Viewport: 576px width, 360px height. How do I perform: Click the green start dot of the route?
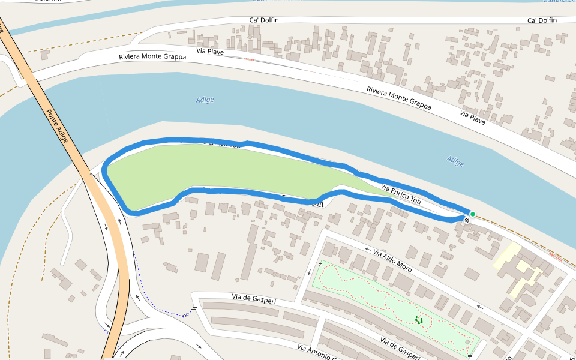tap(472, 214)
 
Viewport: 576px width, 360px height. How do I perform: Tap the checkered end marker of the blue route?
tap(467, 220)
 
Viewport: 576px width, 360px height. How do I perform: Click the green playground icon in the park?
tap(419, 320)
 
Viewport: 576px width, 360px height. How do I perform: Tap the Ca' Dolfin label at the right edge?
tap(542, 20)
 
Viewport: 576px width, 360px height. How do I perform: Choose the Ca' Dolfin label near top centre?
tap(264, 20)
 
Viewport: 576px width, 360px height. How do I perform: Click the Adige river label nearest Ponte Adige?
tap(205, 100)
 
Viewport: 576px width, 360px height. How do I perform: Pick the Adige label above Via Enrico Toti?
tap(455, 160)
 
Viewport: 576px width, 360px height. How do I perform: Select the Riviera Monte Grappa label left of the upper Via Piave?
tap(152, 57)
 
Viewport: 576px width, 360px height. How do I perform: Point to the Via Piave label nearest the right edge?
tap(472, 117)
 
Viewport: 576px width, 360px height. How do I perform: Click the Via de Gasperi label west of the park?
tap(254, 298)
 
